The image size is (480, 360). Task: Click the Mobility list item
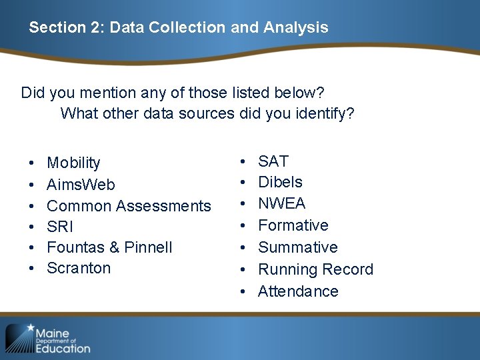(x=73, y=163)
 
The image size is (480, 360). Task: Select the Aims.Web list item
(x=81, y=185)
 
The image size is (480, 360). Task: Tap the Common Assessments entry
(x=129, y=206)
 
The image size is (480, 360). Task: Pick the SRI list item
(x=60, y=227)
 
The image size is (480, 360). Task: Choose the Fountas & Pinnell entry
(x=109, y=247)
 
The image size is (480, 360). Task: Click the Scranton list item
(x=79, y=268)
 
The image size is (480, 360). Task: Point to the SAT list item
(x=273, y=161)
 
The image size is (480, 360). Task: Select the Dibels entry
(x=280, y=182)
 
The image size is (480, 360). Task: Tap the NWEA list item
(x=281, y=203)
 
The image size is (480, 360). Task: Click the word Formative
(x=293, y=225)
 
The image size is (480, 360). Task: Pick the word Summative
(x=297, y=247)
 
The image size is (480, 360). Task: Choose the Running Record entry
(x=315, y=269)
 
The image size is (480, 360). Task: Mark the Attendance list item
(x=298, y=291)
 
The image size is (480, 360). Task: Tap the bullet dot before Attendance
(x=245, y=292)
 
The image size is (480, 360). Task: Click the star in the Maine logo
(x=31, y=328)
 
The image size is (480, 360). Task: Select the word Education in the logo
(x=62, y=347)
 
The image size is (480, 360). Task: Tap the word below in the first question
(x=303, y=92)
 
